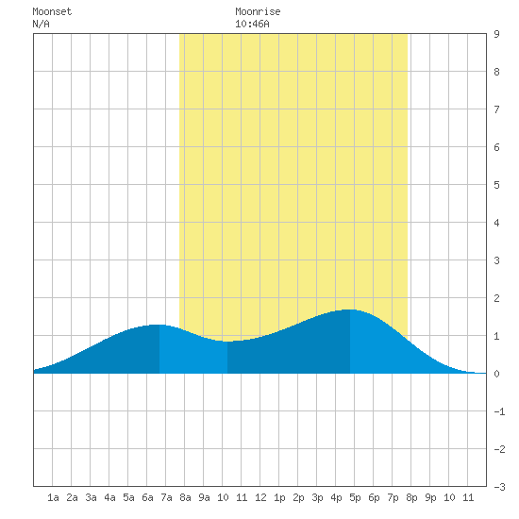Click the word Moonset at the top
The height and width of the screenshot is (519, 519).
[x=52, y=11]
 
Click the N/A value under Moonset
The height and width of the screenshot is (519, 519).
[x=41, y=24]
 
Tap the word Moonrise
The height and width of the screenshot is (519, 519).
[x=258, y=11]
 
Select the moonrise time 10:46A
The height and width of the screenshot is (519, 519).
[x=252, y=24]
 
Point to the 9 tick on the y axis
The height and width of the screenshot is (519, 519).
[x=496, y=34]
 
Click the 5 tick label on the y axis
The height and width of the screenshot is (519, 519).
[x=496, y=185]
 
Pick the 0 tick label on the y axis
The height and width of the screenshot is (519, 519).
[x=496, y=374]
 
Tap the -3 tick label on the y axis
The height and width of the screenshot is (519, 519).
[x=499, y=487]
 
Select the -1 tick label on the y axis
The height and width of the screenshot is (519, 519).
[x=499, y=411]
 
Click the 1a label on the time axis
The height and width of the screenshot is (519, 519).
[x=53, y=497]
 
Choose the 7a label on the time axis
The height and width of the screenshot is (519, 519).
[x=166, y=497]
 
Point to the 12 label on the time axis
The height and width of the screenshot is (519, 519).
[x=260, y=497]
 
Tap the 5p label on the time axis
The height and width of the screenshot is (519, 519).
[x=355, y=497]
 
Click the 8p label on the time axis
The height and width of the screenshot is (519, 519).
[x=411, y=497]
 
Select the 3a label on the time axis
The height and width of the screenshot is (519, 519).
[x=91, y=497]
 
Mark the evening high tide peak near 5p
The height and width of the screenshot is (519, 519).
[x=350, y=310]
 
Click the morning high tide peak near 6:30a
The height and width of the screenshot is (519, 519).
[x=159, y=325]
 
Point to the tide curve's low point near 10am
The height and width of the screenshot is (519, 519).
[x=227, y=342]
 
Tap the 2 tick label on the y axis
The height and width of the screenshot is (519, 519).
[x=496, y=298]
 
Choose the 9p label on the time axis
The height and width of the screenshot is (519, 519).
[x=430, y=497]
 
